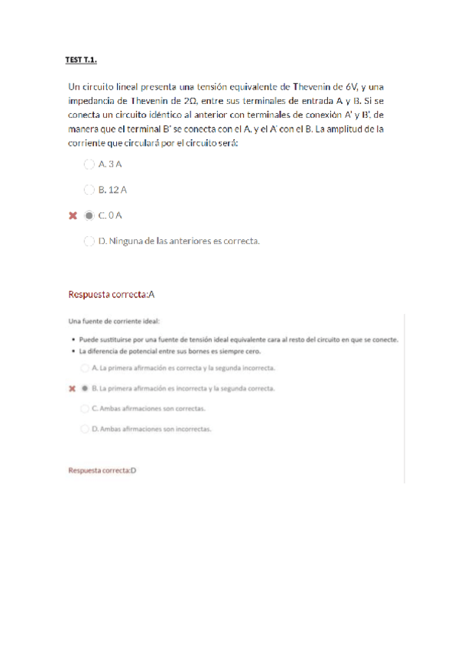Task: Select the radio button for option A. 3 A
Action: pyautogui.click(x=89, y=164)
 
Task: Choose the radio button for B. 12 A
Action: pyautogui.click(x=89, y=190)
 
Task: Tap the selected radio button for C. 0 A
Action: pyautogui.click(x=89, y=215)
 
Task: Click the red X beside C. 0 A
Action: pyautogui.click(x=73, y=216)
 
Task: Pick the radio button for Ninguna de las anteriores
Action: pyautogui.click(x=89, y=241)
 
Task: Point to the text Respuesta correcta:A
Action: pyautogui.click(x=112, y=293)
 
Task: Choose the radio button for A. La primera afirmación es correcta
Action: pyautogui.click(x=84, y=368)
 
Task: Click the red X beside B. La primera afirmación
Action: pyautogui.click(x=72, y=388)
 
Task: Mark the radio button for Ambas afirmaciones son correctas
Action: pyautogui.click(x=84, y=408)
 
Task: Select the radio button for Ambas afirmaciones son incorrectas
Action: pyautogui.click(x=84, y=429)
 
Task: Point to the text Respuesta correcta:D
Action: pyautogui.click(x=102, y=470)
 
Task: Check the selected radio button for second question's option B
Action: pyautogui.click(x=84, y=388)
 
